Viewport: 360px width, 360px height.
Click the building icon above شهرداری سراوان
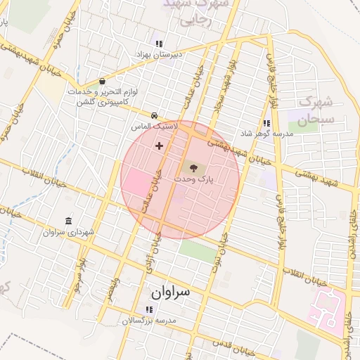68,221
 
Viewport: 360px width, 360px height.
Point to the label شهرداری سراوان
68,232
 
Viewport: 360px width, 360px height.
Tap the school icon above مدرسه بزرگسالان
148,309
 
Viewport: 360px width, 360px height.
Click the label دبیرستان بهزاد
159,53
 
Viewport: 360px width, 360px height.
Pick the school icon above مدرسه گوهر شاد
266,124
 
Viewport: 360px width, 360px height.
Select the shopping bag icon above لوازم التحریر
103,81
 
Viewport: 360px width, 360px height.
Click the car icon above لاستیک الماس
154,115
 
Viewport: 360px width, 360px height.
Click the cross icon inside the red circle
159,146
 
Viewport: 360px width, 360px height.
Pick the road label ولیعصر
110,289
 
